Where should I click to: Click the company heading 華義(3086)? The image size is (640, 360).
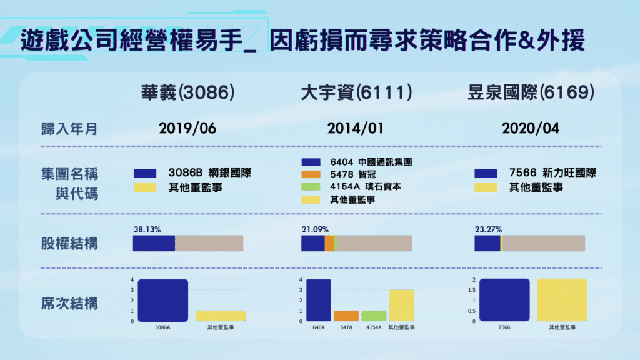click(x=187, y=94)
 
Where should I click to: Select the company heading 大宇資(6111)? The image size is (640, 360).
click(x=357, y=94)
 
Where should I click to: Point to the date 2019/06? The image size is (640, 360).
click(x=187, y=129)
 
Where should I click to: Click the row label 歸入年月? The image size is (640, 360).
click(x=66, y=129)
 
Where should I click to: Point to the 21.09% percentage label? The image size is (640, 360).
click(x=315, y=229)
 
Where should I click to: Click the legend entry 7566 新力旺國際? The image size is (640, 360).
click(x=552, y=173)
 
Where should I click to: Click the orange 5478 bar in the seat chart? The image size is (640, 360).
click(x=346, y=316)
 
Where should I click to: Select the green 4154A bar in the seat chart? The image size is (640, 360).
click(x=374, y=316)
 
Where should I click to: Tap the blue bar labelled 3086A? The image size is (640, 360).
click(x=162, y=300)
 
